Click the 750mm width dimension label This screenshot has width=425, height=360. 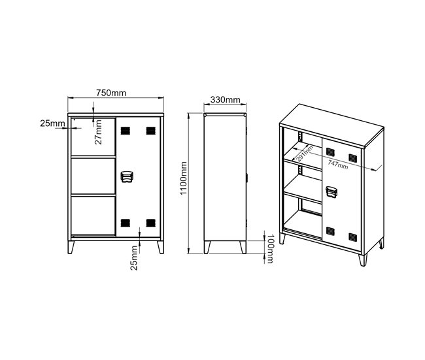point(111,93)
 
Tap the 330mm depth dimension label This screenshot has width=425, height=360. point(225,100)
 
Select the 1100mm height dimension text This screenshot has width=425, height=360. point(184,178)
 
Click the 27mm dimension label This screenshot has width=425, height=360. point(99,132)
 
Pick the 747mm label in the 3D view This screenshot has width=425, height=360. point(338,164)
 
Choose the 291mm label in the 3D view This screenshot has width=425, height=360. point(305,153)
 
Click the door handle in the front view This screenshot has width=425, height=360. point(127,176)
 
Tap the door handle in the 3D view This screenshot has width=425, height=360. point(331,192)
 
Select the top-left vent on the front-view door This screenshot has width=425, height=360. point(126,131)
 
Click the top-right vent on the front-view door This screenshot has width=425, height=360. point(150,131)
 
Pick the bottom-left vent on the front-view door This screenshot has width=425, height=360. point(126,223)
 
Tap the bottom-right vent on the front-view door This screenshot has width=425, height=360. point(150,223)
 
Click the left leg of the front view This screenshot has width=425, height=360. point(71,247)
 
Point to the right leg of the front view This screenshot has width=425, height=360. point(161,247)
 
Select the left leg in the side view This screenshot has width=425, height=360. point(207,247)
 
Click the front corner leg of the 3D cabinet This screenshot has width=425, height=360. point(363,260)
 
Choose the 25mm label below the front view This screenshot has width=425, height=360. point(134,258)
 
